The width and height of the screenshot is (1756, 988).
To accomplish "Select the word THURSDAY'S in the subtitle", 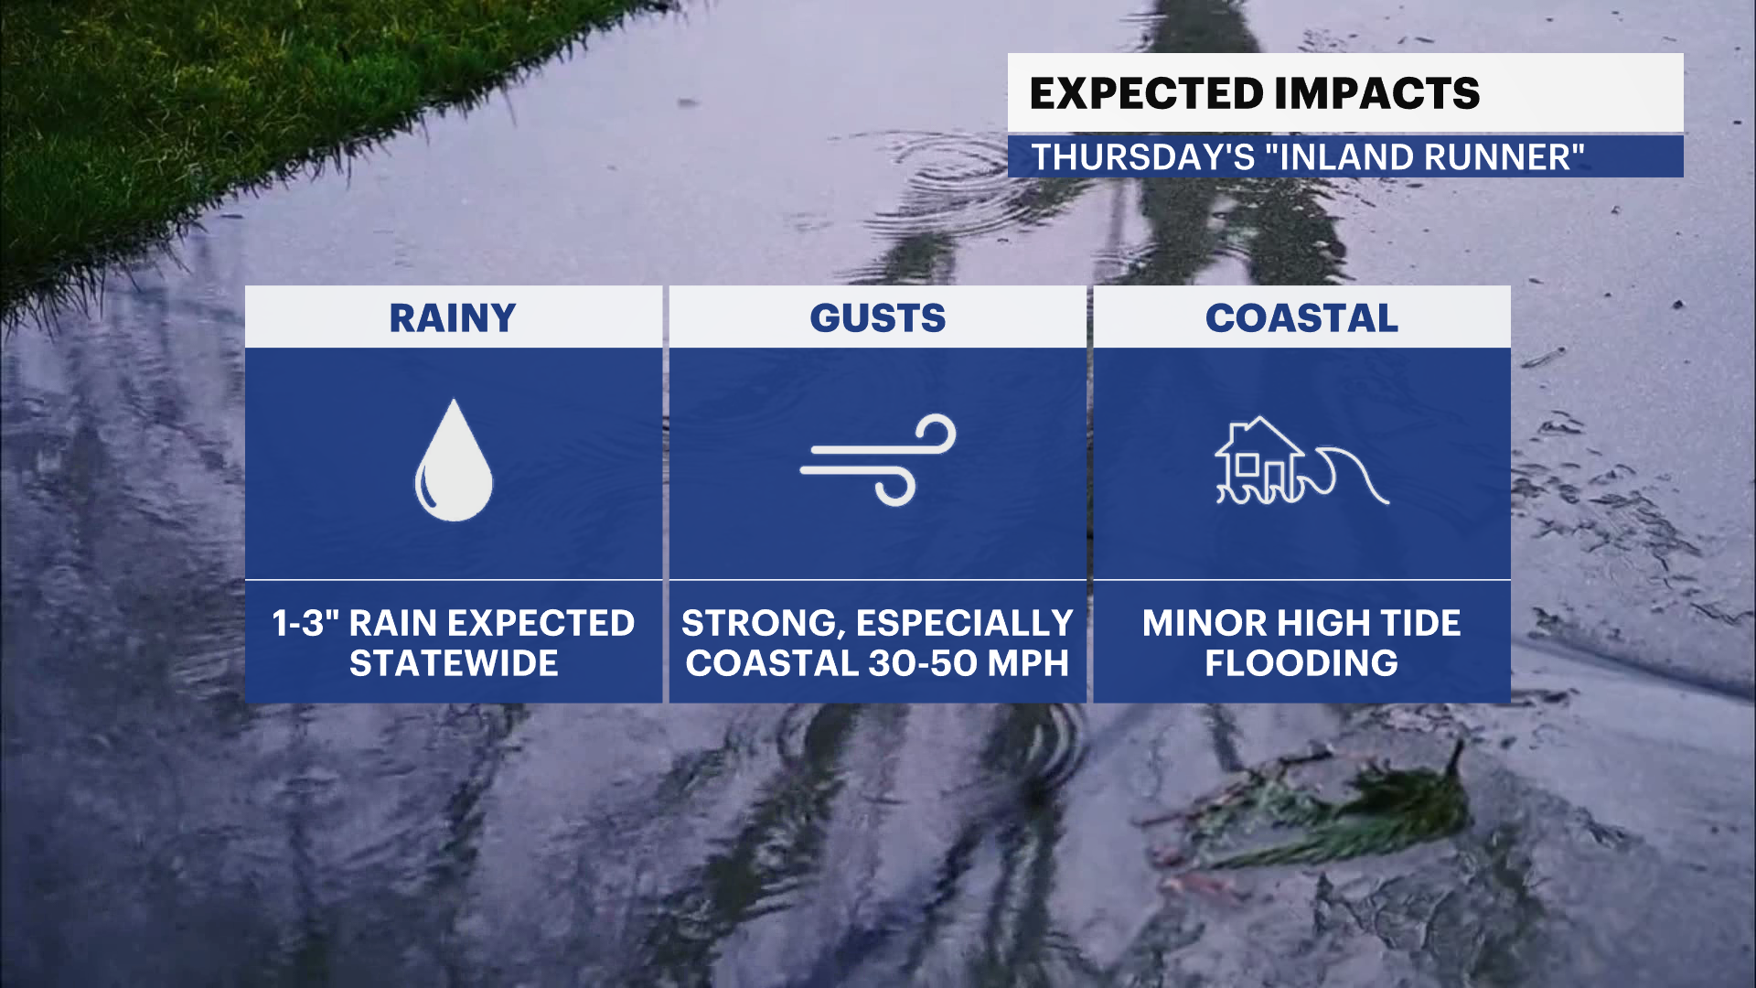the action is tap(1143, 157).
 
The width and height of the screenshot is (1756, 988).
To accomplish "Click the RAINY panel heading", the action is tap(453, 318).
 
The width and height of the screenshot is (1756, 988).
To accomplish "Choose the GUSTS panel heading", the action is tap(878, 318).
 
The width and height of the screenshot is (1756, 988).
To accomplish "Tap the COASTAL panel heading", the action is tap(1301, 318).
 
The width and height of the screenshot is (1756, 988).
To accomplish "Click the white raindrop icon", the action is tap(454, 460).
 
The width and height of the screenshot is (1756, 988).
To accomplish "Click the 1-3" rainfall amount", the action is tap(305, 624).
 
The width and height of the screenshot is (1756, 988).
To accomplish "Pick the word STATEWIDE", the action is tap(454, 663).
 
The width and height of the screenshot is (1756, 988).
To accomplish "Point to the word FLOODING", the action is tap(1301, 663).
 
